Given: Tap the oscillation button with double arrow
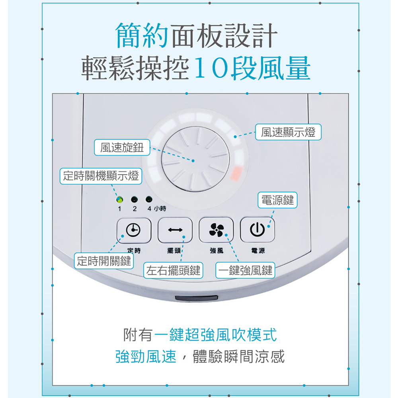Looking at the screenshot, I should [175, 230].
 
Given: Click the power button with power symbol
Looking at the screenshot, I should [258, 230].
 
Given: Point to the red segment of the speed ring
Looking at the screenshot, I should [236, 173].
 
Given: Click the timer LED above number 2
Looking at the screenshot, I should [134, 199].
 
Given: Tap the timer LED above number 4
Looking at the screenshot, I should [149, 199].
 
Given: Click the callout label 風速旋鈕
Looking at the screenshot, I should [122, 148].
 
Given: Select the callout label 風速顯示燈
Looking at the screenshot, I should [288, 133].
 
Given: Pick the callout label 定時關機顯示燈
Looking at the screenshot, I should [101, 176].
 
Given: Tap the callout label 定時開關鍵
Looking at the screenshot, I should [104, 261].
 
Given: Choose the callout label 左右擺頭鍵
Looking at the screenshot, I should [173, 271].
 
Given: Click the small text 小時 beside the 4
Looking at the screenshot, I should [160, 209].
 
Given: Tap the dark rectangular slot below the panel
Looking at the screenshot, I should [197, 298].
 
